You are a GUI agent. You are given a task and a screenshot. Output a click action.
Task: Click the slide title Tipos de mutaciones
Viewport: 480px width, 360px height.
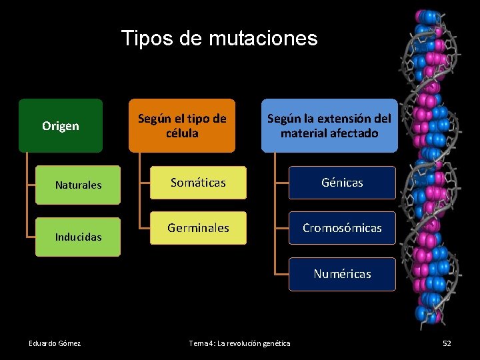219,38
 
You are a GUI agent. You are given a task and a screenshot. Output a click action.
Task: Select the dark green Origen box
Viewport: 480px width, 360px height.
61,126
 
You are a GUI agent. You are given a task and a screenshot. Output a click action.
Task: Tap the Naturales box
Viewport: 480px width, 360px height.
79,185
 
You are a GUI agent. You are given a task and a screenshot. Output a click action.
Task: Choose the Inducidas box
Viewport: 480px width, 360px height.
79,237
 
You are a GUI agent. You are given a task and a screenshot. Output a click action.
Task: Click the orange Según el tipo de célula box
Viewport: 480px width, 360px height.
182,126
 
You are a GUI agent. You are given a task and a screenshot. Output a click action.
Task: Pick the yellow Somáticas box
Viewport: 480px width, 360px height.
198,183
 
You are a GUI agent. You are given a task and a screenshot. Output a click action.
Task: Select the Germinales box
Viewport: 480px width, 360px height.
198,228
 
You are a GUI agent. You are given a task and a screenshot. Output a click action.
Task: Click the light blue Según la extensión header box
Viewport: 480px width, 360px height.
329,126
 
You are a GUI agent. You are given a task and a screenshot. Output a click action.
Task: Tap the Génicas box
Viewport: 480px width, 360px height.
342,183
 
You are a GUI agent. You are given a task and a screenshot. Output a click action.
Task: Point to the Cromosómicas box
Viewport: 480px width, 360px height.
342,228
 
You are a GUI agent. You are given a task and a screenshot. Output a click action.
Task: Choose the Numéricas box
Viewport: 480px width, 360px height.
342,274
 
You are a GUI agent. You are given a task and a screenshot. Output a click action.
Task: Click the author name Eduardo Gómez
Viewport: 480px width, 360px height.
55,343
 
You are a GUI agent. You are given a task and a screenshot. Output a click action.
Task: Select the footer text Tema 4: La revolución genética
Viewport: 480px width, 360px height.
240,343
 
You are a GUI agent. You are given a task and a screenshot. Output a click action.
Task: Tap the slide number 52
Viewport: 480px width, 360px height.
447,343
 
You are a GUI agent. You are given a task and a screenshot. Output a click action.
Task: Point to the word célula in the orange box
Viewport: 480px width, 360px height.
182,133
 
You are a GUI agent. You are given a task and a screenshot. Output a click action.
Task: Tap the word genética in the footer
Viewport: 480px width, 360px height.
275,343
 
